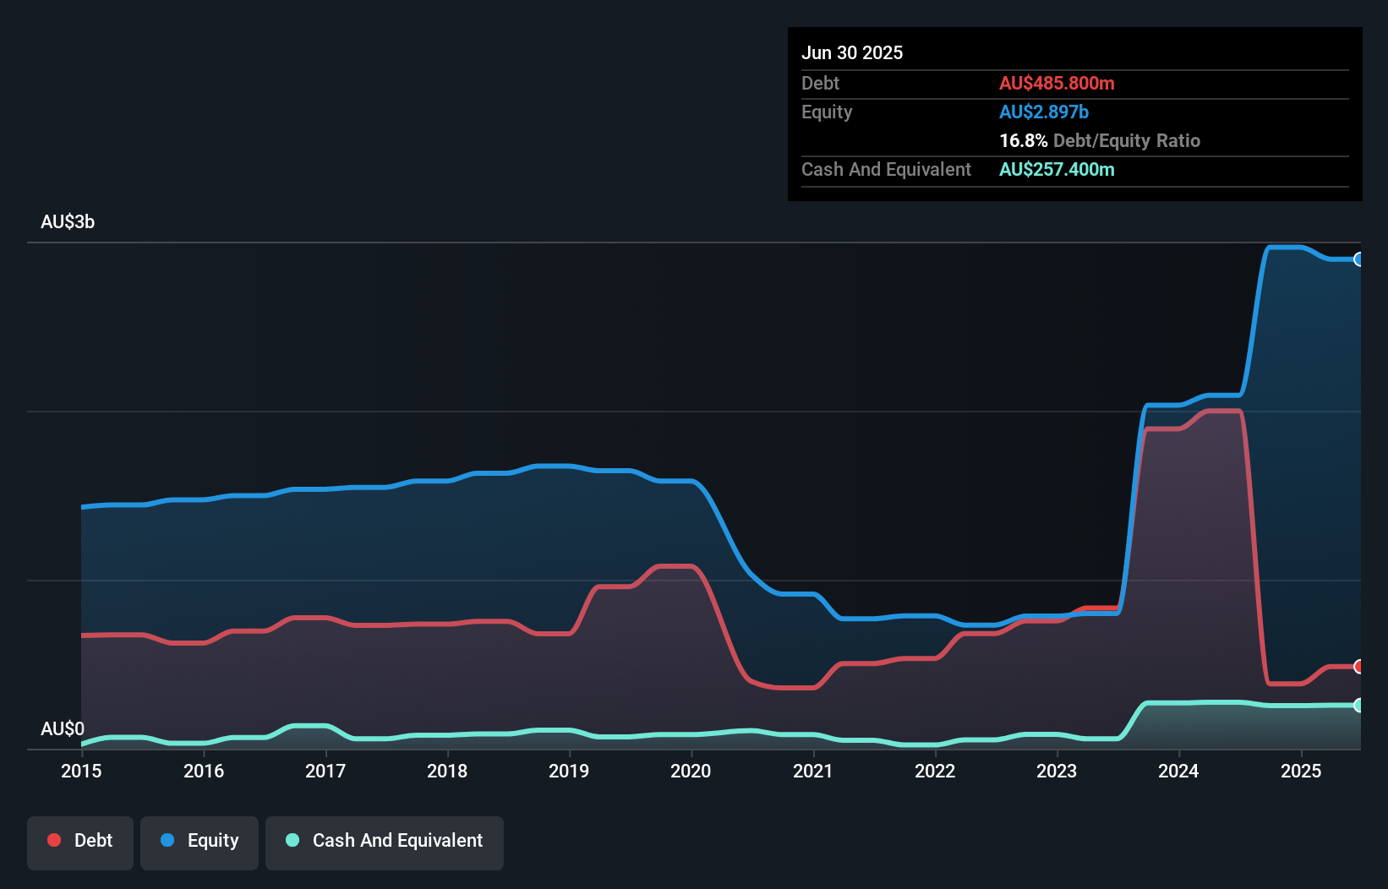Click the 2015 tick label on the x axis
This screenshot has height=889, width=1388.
[81, 771]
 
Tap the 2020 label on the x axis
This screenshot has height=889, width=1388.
[691, 771]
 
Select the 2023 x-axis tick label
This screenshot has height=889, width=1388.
[1057, 771]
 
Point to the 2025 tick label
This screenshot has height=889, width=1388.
[1301, 771]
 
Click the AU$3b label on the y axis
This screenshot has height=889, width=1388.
[68, 222]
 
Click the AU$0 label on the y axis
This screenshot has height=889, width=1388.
[63, 728]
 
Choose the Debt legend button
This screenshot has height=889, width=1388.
[80, 841]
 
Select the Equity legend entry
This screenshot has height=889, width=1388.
[199, 841]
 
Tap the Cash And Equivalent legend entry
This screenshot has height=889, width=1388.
[385, 841]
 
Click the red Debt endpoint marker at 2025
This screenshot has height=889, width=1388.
[1358, 667]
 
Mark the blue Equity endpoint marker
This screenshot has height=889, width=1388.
[1358, 259]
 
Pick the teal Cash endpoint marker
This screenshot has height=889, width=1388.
[1358, 705]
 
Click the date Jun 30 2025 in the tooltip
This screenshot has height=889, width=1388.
[852, 52]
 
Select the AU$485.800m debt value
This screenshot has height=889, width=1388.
[1057, 83]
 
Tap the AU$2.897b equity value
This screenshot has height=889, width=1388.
[1044, 112]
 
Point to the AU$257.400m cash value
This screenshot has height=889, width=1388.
[1057, 169]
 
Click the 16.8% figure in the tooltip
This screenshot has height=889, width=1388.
[1023, 140]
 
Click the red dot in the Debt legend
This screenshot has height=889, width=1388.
[54, 840]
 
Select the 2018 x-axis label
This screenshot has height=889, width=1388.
[447, 771]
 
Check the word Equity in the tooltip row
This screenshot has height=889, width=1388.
[827, 112]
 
